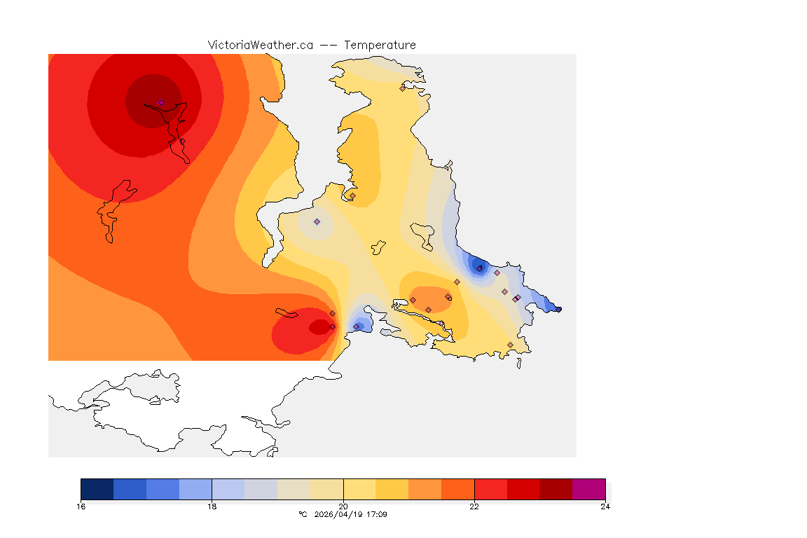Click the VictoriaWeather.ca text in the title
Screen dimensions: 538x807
pos(260,45)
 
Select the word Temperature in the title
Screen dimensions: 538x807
pos(380,45)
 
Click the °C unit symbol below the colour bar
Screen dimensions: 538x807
pos(303,515)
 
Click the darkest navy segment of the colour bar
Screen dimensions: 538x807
pos(97,489)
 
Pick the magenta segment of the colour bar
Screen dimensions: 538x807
pos(589,489)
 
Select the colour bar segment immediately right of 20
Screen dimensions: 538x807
pos(359,489)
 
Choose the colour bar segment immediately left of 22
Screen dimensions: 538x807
pos(458,489)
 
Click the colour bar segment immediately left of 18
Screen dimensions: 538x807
pos(195,489)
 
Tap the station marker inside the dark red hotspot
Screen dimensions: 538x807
pos(161,102)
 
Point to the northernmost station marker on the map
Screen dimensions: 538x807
pos(402,88)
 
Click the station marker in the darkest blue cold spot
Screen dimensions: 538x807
pos(479,268)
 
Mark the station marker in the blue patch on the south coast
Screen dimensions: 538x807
pos(357,326)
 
